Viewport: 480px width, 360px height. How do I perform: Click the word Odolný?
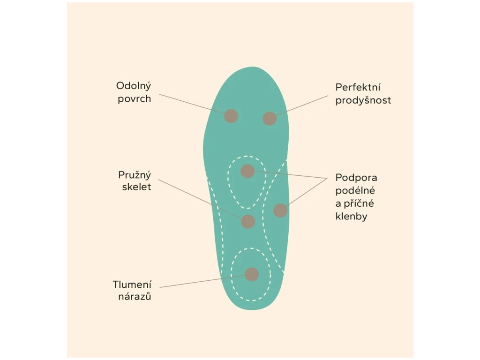(x=134, y=86)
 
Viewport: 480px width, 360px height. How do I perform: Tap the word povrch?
(x=134, y=99)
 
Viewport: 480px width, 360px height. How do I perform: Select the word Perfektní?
(x=358, y=88)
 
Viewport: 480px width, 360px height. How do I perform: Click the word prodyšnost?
(x=363, y=100)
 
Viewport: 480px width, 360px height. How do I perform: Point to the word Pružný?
(x=135, y=175)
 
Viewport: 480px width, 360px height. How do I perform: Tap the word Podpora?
(x=356, y=178)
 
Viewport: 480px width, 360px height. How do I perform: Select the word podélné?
(x=355, y=191)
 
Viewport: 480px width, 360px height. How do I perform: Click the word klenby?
(x=351, y=217)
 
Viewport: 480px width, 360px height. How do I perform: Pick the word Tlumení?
(x=132, y=285)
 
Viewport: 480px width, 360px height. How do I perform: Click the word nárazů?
(x=135, y=297)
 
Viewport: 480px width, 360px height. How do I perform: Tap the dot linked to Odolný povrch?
(x=231, y=116)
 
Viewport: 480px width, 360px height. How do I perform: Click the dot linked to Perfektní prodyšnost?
(x=270, y=119)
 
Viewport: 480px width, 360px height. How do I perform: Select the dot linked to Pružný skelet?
(x=247, y=221)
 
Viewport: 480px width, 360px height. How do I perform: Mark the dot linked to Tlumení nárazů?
(x=252, y=274)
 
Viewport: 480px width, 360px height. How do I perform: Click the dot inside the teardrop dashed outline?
(x=247, y=171)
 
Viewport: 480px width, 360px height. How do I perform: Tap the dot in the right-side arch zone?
(x=280, y=210)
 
